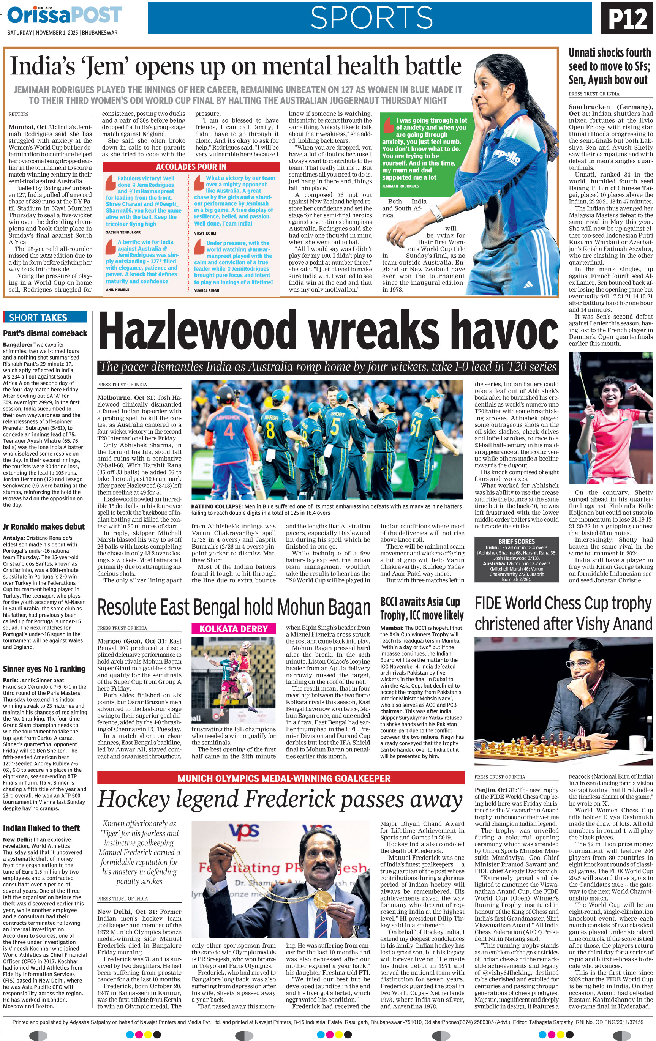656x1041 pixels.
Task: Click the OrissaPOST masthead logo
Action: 65,16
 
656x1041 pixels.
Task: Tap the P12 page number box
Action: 628,19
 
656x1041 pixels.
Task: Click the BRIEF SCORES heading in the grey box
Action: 516,541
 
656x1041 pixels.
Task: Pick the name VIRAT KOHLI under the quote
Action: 205,233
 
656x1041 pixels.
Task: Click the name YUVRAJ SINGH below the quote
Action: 207,290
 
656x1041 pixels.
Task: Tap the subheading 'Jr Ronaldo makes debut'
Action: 44,527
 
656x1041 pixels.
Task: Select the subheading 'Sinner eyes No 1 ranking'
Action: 44,669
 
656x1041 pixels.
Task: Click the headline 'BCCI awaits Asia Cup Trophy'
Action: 422,608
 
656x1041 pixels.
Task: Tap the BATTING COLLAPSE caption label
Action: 216,506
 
